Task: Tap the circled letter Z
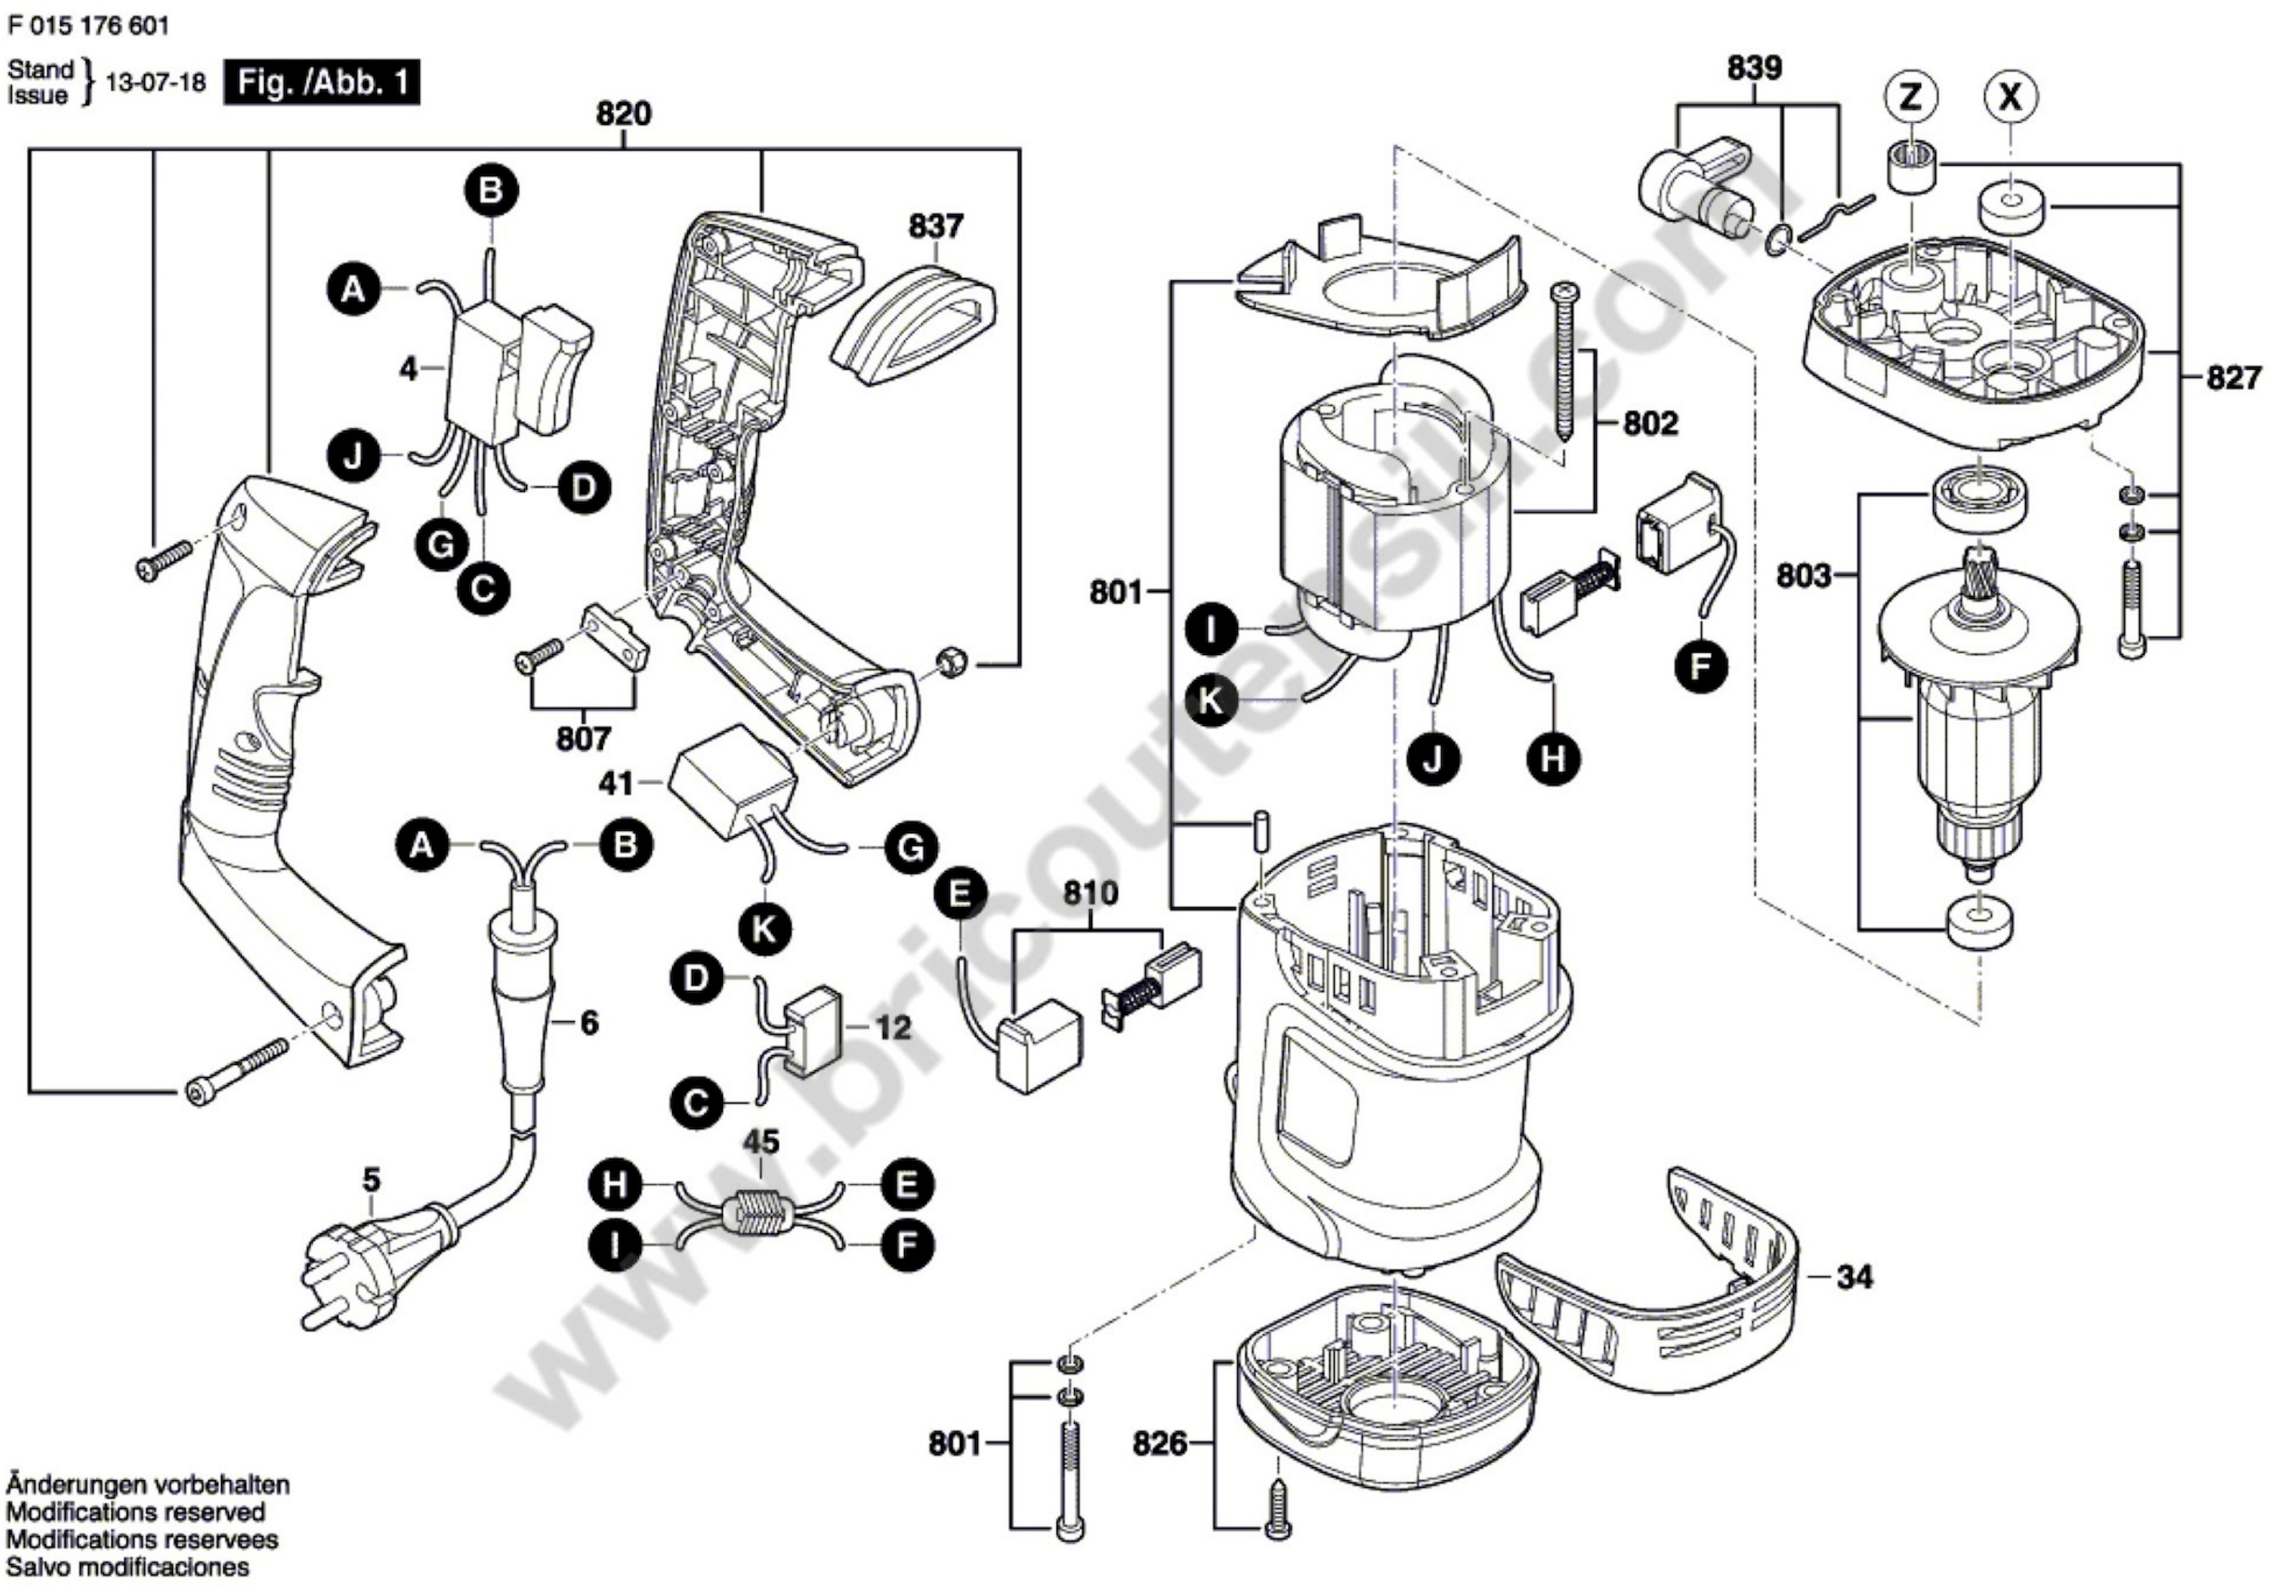pos(1911,97)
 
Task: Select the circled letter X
pos(2010,97)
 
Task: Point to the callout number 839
pos(1755,68)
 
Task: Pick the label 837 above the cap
pos(936,226)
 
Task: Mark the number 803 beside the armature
pos(1803,576)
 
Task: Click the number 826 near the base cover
pos(1159,1444)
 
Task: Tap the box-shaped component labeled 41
pos(732,781)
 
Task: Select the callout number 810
pos(1090,893)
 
